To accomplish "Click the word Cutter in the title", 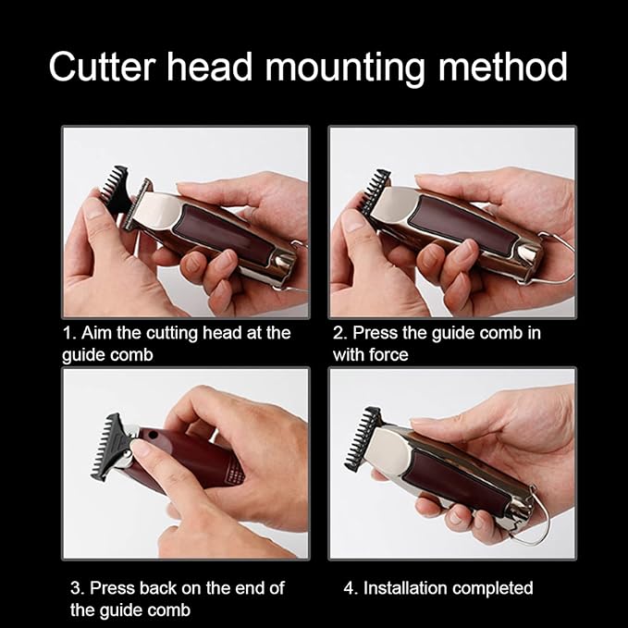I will click(x=105, y=68).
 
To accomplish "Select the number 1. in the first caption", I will click(x=69, y=333).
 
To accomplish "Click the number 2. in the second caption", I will click(x=340, y=333).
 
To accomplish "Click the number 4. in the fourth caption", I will click(x=351, y=587).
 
